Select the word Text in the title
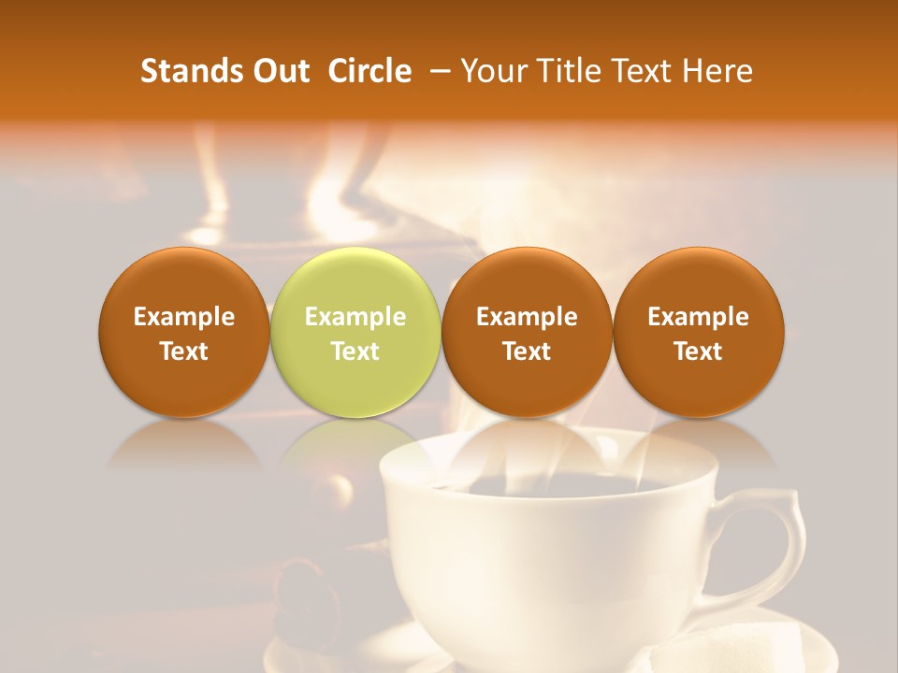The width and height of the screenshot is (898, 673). (645, 71)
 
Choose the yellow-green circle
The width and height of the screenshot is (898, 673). (355, 332)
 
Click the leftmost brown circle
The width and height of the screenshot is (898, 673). (184, 332)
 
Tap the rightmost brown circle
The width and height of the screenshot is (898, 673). (699, 332)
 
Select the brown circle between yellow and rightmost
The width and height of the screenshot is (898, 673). (527, 332)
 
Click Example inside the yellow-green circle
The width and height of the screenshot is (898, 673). (355, 317)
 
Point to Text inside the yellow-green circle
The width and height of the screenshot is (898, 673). (355, 351)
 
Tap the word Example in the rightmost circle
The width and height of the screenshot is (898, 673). (699, 317)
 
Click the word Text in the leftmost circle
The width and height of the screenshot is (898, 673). (184, 351)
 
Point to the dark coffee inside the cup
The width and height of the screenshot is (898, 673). (543, 486)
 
